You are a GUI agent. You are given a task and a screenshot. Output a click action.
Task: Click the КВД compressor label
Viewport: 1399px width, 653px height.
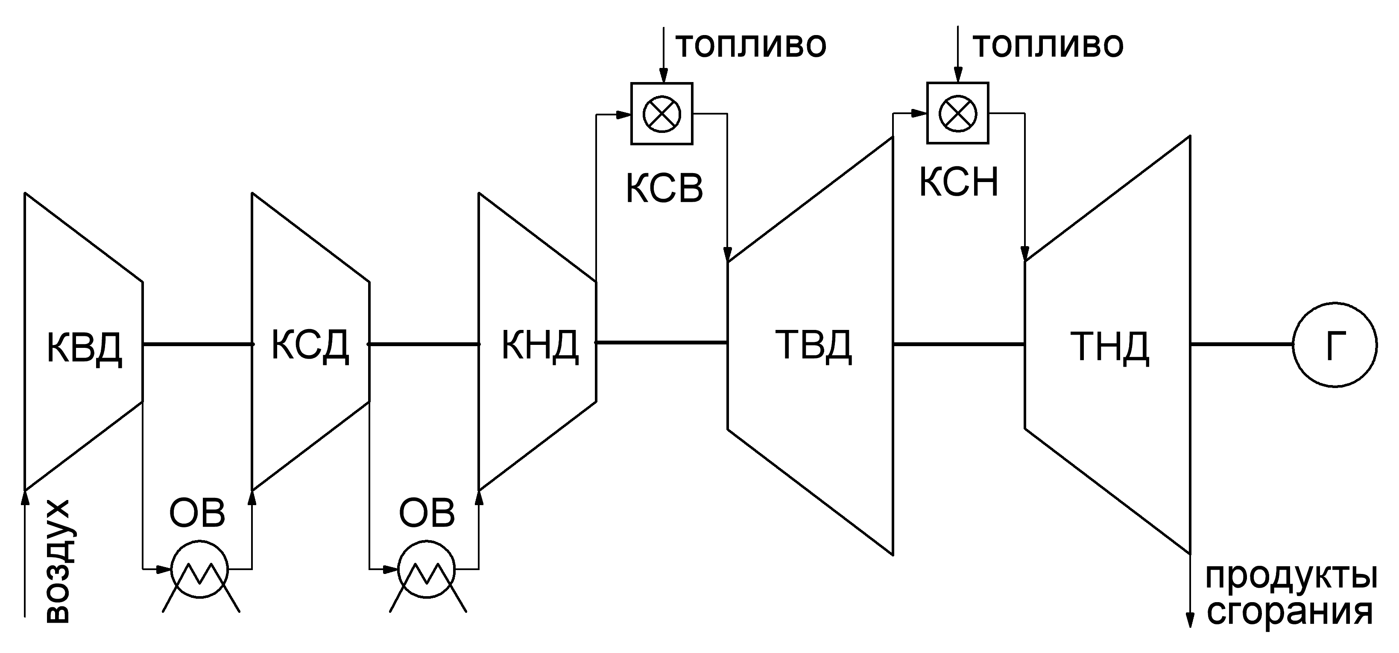pyautogui.click(x=84, y=348)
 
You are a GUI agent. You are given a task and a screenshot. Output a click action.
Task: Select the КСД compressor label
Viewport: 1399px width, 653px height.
pyautogui.click(x=310, y=345)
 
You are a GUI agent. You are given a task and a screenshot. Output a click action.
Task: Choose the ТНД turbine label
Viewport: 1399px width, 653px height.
pyautogui.click(x=1109, y=348)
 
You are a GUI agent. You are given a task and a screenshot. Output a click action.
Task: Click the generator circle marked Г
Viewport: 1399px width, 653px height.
pyautogui.click(x=1335, y=344)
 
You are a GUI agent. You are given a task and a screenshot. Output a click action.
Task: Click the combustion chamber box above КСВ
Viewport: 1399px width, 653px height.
pyautogui.click(x=661, y=114)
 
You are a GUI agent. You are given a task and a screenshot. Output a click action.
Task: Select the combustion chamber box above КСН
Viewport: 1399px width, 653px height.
pyautogui.click(x=957, y=113)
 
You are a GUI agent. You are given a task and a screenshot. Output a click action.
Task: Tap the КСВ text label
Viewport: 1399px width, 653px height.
pyautogui.click(x=664, y=188)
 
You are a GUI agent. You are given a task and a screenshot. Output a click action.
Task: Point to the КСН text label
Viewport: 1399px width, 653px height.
pyautogui.click(x=959, y=182)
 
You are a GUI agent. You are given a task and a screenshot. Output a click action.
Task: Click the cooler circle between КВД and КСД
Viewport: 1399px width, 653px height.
pyautogui.click(x=200, y=569)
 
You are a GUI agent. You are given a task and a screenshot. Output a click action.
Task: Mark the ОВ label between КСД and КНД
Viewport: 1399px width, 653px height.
pyautogui.click(x=427, y=513)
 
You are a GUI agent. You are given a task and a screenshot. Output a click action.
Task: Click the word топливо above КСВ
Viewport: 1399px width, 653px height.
pyautogui.click(x=751, y=45)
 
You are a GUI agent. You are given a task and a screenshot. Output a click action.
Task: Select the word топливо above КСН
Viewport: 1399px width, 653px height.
pyautogui.click(x=1048, y=45)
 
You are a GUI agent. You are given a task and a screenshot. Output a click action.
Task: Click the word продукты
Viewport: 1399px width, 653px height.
pyautogui.click(x=1291, y=577)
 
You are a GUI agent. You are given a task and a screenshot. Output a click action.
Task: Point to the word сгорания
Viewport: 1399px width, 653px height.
pyautogui.click(x=1289, y=613)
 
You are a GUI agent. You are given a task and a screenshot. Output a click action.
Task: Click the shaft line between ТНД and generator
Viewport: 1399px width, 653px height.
pyautogui.click(x=1241, y=344)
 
